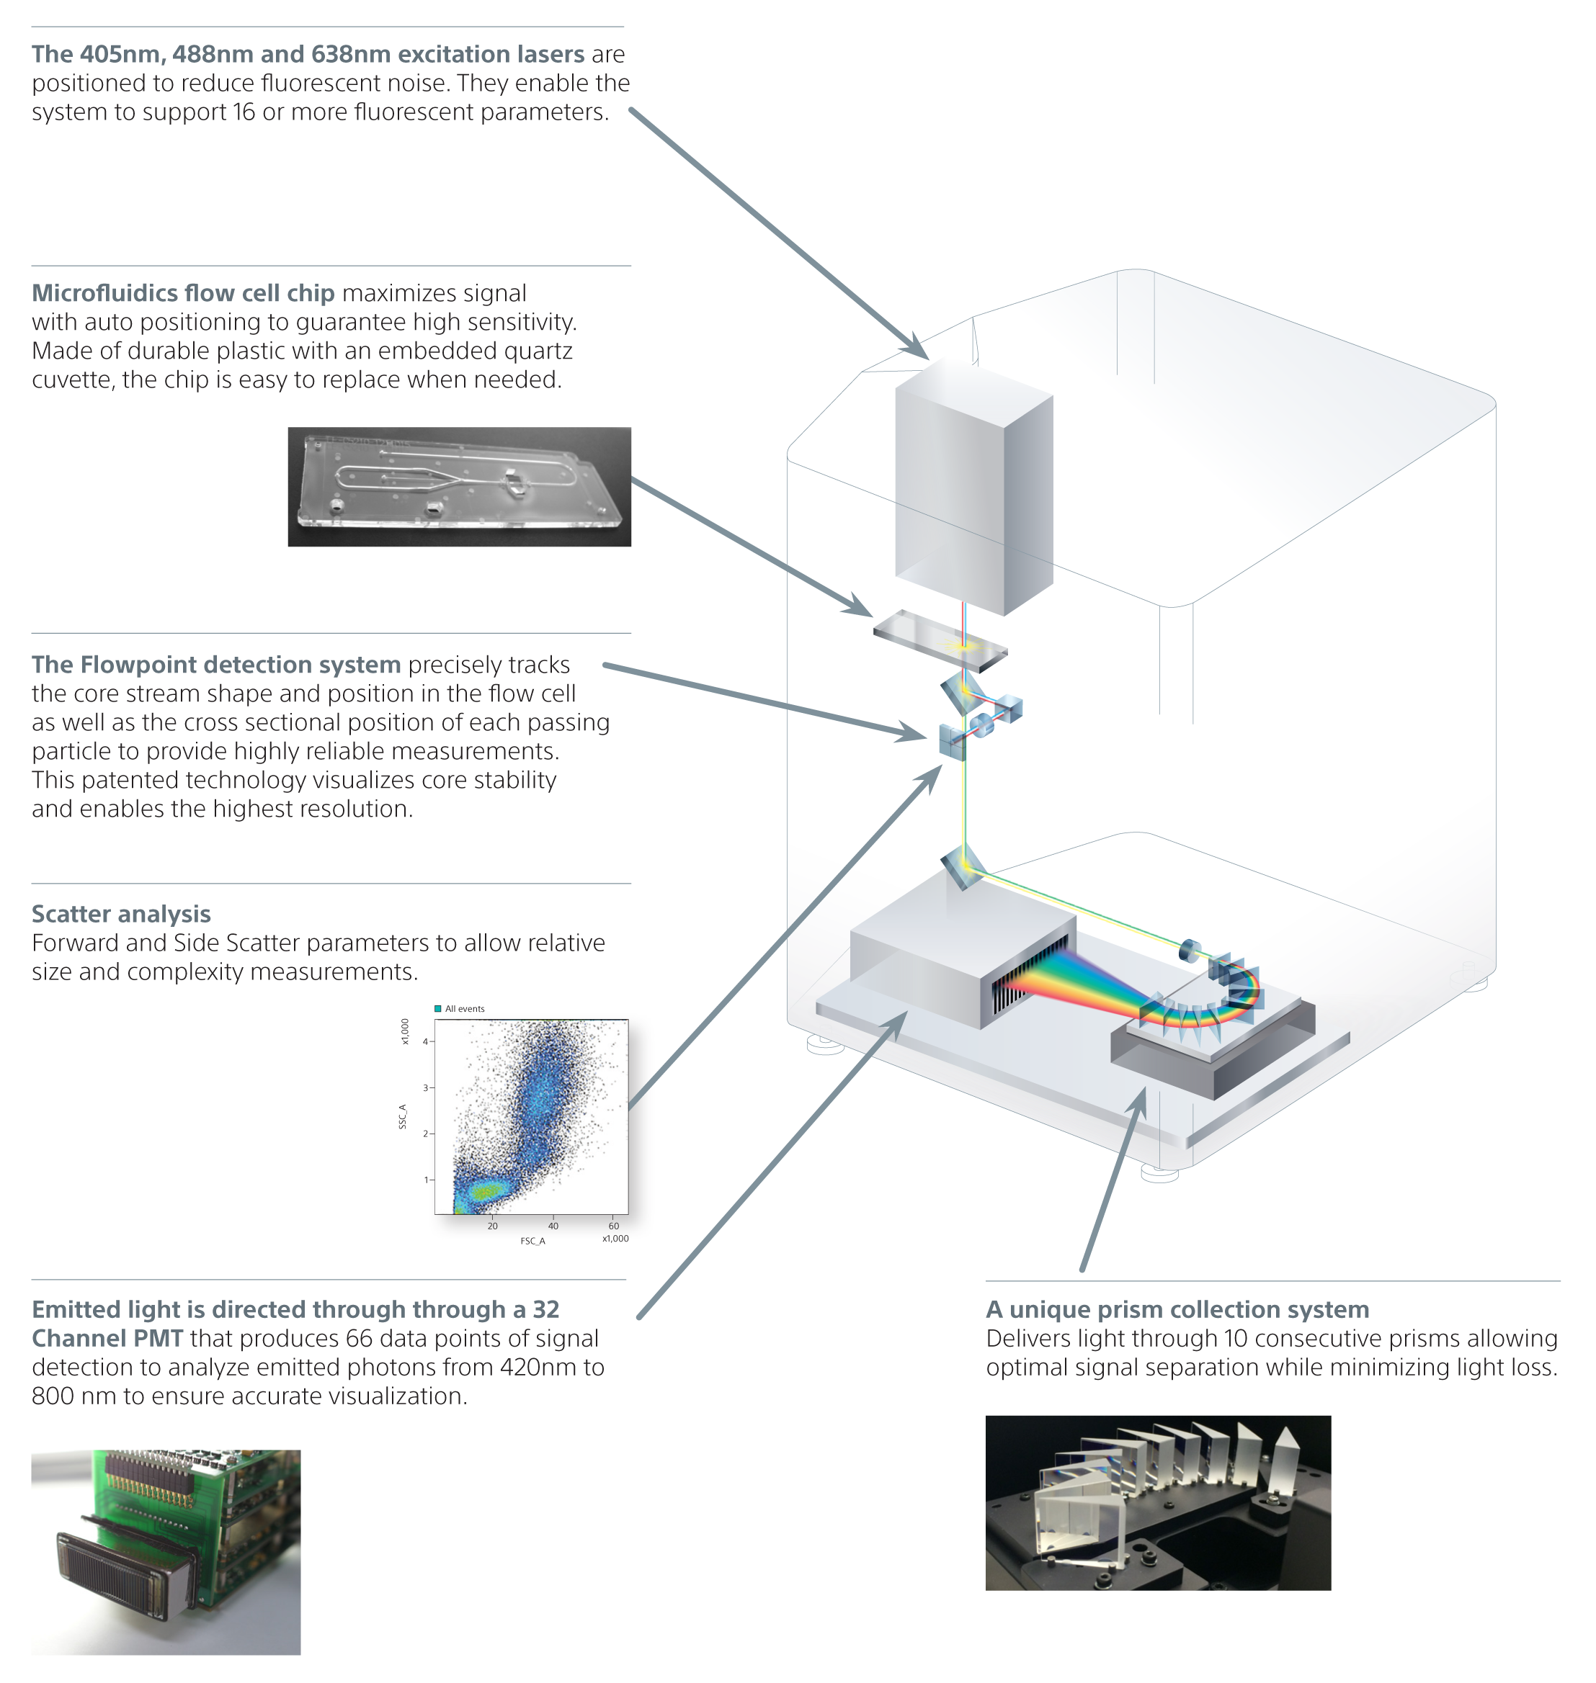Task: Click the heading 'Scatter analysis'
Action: tap(121, 913)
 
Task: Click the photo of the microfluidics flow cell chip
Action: tap(460, 486)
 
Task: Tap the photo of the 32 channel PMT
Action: tap(166, 1551)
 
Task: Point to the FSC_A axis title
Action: tap(532, 1241)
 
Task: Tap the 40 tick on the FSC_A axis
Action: tap(553, 1226)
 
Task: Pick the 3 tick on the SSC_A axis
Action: tap(425, 1087)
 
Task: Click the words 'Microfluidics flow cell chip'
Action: tap(183, 292)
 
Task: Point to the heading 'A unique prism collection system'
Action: tap(1177, 1309)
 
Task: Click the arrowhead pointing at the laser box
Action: tap(917, 348)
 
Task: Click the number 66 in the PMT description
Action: tap(359, 1338)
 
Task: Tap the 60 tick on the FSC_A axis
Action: tap(613, 1226)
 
